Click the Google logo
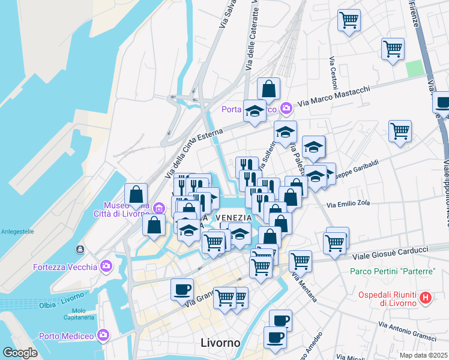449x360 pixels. point(20,353)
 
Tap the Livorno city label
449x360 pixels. point(220,343)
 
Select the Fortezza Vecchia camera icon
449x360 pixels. point(106,265)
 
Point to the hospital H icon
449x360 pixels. point(426,297)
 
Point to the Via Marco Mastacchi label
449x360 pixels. point(334,97)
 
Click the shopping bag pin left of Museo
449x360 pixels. point(136,194)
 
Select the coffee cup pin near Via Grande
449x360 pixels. point(182,290)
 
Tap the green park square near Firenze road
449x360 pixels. point(414,68)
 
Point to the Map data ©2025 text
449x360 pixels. point(423,355)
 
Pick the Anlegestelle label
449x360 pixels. point(17,231)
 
